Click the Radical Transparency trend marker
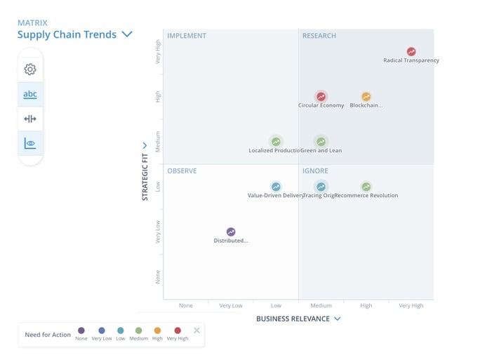[x=411, y=51]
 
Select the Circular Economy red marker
[x=321, y=96]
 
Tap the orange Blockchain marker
[x=366, y=96]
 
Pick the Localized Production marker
[x=276, y=141]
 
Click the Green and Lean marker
[x=321, y=141]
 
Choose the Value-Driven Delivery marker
[x=276, y=186]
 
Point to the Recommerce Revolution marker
[x=366, y=186]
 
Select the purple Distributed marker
[x=231, y=232]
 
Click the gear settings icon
[x=29, y=69]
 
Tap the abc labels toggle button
[x=29, y=94]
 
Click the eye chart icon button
[x=29, y=143]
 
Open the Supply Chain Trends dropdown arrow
[x=127, y=34]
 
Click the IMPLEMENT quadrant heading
[x=187, y=36]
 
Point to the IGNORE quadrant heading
[x=315, y=171]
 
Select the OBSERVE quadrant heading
[x=182, y=171]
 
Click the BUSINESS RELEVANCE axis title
[x=293, y=319]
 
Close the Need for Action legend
[x=196, y=330]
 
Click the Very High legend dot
[x=177, y=330]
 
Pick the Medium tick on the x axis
[x=321, y=305]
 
